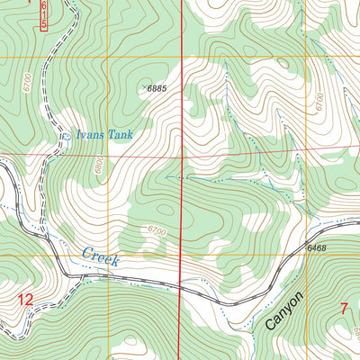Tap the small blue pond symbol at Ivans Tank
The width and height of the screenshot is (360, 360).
(x=65, y=137)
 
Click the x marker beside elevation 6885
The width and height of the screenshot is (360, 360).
(x=146, y=87)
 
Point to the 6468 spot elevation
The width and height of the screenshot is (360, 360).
(x=316, y=247)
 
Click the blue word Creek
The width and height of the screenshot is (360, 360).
(x=101, y=256)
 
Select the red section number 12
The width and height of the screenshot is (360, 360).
(x=26, y=299)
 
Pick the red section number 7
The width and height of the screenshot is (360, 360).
(x=343, y=310)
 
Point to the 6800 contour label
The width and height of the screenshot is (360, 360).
(x=97, y=167)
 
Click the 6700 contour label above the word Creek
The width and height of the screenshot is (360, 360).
(x=155, y=232)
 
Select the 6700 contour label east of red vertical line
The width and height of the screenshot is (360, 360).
(x=320, y=101)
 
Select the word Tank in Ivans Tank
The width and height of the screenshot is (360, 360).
(x=121, y=136)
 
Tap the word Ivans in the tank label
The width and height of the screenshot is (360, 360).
(x=91, y=136)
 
